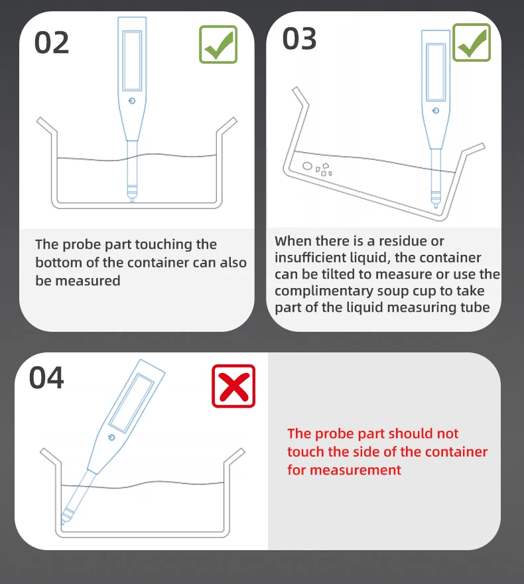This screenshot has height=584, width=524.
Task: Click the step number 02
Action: pyautogui.click(x=51, y=42)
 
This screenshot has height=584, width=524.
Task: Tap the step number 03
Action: pyautogui.click(x=299, y=38)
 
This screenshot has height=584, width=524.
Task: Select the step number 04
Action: pyautogui.click(x=46, y=378)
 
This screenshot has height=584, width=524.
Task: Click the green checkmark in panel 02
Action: pyautogui.click(x=218, y=44)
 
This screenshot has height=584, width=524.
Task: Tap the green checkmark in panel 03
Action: pyautogui.click(x=472, y=42)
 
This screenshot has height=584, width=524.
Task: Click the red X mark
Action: pyautogui.click(x=233, y=386)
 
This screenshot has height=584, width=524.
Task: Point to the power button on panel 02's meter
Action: pyautogui.click(x=132, y=101)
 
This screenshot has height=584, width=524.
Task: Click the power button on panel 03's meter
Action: pyautogui.click(x=436, y=111)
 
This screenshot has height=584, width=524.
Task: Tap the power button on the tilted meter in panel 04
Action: pyautogui.click(x=111, y=437)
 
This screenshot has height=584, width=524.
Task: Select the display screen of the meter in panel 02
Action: pyautogui.click(x=132, y=60)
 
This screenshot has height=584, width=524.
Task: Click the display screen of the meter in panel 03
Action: pyautogui.click(x=436, y=72)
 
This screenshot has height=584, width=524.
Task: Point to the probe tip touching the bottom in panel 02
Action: pyautogui.click(x=132, y=200)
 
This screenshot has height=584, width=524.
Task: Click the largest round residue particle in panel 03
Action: pyautogui.click(x=307, y=166)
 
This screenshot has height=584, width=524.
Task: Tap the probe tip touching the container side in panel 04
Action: pyautogui.click(x=62, y=522)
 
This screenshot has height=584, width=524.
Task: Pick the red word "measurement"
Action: pyautogui.click(x=355, y=470)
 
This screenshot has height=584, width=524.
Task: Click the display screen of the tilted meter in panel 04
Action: pyautogui.click(x=132, y=403)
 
